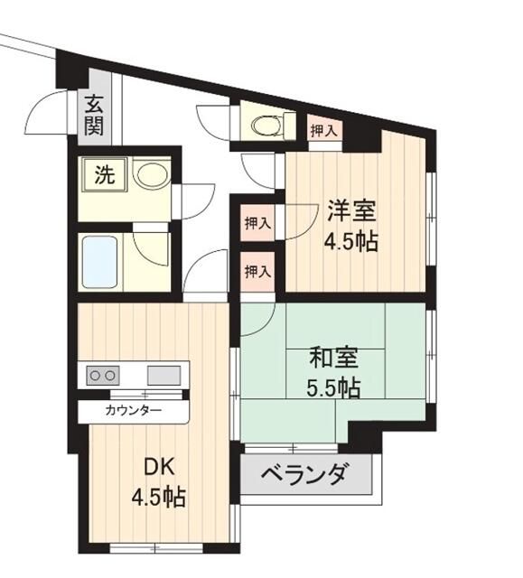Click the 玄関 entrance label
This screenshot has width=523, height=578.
pos(93,115)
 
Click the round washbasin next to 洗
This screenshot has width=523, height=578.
pos(151,174)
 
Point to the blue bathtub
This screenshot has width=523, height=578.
pos(98,261)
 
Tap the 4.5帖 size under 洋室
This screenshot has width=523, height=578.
pos(350,242)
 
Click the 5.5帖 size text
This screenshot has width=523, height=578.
pos(335,387)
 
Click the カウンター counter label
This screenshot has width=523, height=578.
pos(134,411)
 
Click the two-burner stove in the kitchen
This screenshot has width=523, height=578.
pos(102,375)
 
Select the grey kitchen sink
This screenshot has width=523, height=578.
pos(163,374)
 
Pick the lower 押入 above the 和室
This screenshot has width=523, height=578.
pos(257,270)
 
